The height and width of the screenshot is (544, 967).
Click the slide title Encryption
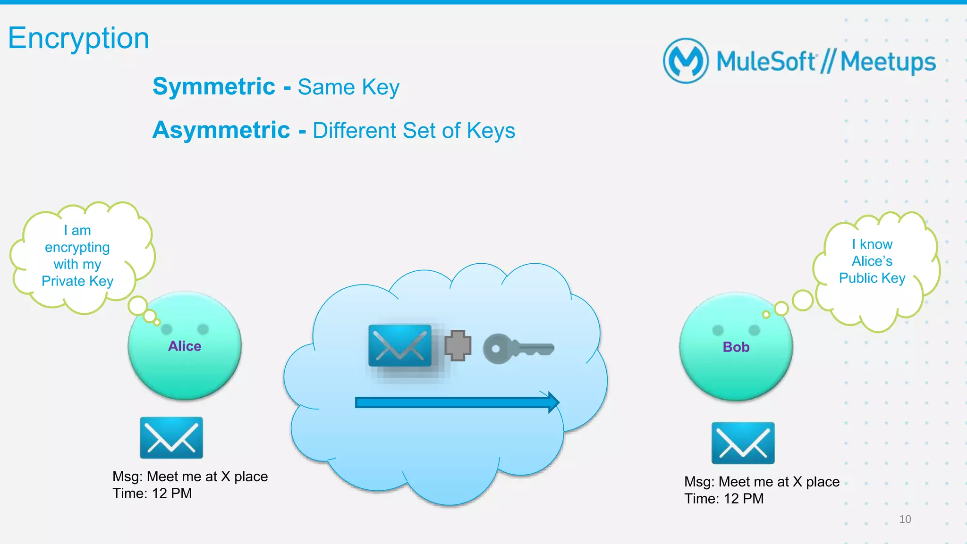pos(78,39)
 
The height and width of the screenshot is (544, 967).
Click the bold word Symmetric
pos(214,87)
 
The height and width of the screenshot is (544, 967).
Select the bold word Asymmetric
pos(221,130)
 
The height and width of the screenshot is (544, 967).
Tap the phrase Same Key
pos(348,87)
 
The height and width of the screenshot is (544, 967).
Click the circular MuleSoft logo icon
pos(686,61)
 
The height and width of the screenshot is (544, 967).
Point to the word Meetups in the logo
pos(888,62)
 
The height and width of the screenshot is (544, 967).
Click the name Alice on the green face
pos(185,346)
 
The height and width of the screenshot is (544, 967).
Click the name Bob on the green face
pos(736,347)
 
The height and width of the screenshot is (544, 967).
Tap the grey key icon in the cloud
pos(517,349)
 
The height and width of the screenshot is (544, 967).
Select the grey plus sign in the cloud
pos(458,346)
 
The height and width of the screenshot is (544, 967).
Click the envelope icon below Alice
pos(171,438)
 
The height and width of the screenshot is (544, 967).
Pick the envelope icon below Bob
pos(743,443)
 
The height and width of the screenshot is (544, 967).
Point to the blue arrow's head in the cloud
pos(553,402)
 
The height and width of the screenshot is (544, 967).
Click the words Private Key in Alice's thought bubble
pos(77,281)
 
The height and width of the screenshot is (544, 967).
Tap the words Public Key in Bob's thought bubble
pos(872,278)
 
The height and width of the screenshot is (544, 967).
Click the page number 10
pos(905,519)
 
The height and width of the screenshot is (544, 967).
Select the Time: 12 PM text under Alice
pos(152,494)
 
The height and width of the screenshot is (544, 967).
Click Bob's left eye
pos(718,330)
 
